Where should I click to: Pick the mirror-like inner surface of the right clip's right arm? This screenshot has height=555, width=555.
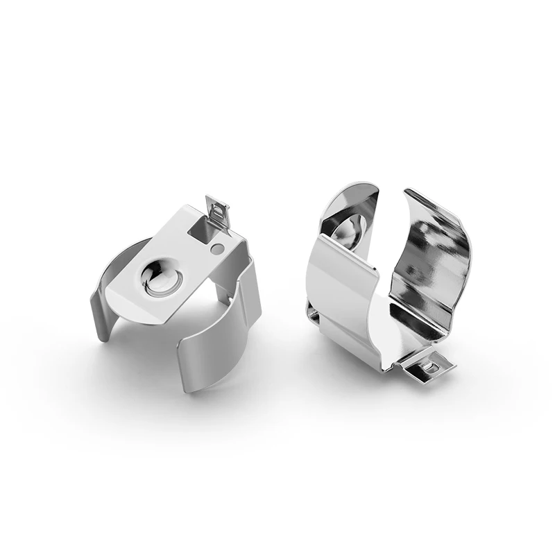434,264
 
